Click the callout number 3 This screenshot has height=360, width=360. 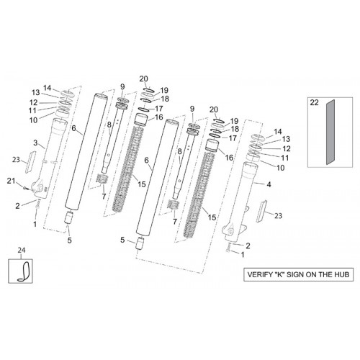tap(35, 143)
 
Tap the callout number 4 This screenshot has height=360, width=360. tap(269, 184)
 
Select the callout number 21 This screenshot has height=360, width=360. tap(11, 181)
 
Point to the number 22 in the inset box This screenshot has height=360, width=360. tap(314, 102)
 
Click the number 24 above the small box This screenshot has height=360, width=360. tap(22, 251)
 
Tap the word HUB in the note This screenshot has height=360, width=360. tap(341, 274)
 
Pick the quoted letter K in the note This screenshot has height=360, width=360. tap(279, 274)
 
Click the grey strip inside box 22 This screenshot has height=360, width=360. tap(330, 132)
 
